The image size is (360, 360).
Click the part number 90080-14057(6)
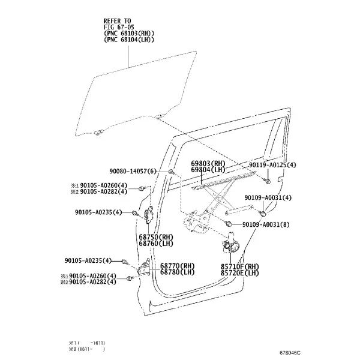click(x=133, y=171)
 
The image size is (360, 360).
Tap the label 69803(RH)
click(x=208, y=164)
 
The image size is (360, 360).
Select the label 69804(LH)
click(x=208, y=170)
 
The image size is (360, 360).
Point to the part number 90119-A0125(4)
click(x=272, y=165)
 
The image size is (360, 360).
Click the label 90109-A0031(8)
click(x=266, y=224)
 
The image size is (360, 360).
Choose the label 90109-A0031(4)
click(x=268, y=197)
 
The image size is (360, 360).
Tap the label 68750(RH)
click(x=156, y=237)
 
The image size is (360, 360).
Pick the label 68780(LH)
click(x=177, y=272)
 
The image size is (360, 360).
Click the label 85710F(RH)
click(x=239, y=267)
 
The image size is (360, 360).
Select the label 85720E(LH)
click(x=239, y=273)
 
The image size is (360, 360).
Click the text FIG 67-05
click(x=119, y=28)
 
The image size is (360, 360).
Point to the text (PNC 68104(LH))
click(x=129, y=40)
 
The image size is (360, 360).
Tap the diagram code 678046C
click(x=290, y=353)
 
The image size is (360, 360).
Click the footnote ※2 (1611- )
click(x=87, y=349)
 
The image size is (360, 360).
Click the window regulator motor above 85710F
click(x=230, y=245)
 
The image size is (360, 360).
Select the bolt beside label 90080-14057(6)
click(x=171, y=172)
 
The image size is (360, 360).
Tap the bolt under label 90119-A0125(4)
click(x=267, y=181)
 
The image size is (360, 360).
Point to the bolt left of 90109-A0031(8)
click(x=228, y=223)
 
